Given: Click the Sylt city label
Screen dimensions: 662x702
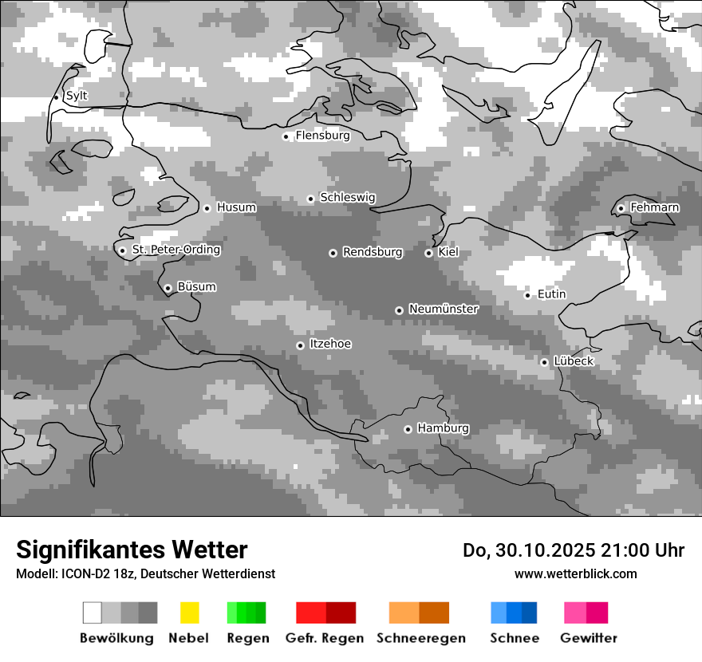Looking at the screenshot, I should click(77, 96).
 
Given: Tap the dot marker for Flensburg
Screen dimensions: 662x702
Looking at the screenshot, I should click(286, 136).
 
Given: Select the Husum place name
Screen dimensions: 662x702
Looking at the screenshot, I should click(236, 207).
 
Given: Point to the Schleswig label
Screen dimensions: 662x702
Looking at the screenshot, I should click(347, 197).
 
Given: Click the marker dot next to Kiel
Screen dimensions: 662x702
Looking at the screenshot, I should click(428, 253).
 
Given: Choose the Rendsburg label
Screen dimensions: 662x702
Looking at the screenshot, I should click(373, 252).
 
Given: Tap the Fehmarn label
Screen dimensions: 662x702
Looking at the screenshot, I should click(654, 207).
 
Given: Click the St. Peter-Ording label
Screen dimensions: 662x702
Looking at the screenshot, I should click(175, 250).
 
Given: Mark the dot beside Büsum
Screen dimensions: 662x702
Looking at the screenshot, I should click(168, 288).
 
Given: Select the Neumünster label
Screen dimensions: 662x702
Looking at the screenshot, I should click(444, 309).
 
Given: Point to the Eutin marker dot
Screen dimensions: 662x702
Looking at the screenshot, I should click(527, 295).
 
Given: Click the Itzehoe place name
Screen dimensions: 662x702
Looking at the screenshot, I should click(330, 344).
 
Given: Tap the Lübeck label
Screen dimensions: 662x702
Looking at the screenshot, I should click(574, 361).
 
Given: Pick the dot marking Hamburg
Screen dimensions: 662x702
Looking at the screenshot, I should click(408, 429).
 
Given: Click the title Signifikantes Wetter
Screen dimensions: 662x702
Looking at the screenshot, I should click(132, 550).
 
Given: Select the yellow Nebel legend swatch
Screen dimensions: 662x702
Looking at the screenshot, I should click(189, 613).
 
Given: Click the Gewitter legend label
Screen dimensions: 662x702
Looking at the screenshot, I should click(589, 638).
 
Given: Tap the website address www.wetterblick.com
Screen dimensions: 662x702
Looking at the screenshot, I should click(575, 573).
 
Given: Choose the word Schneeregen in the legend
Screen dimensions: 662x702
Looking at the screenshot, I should click(421, 638).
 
